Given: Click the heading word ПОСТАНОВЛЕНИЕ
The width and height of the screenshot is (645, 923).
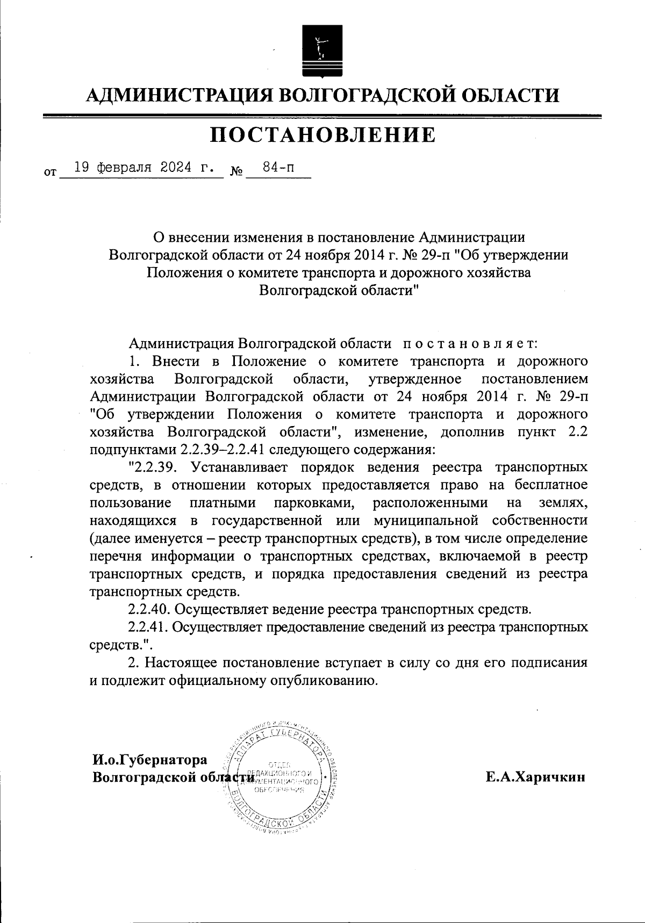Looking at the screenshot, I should (x=322, y=135).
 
